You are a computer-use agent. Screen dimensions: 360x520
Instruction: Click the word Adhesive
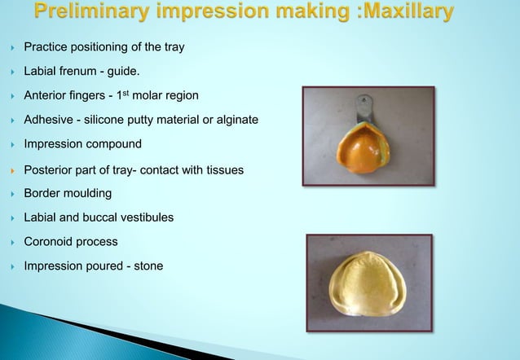[x=48, y=120]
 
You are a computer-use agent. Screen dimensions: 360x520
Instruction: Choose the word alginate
[x=235, y=120]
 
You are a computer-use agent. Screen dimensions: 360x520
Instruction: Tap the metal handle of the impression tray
[x=364, y=107]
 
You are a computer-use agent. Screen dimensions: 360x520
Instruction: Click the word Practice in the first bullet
[x=46, y=47]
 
